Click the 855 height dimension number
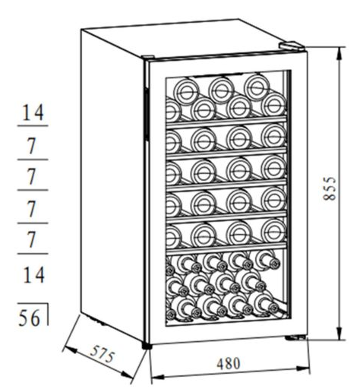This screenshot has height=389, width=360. [x=330, y=188]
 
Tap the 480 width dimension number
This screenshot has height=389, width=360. [x=228, y=363]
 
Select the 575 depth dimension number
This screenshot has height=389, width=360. [x=103, y=354]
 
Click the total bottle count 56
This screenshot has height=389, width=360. [x=30, y=318]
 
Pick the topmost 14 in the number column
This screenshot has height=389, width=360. [x=33, y=112]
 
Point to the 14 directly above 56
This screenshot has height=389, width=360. [x=33, y=275]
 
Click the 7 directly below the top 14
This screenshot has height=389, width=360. [x=31, y=147]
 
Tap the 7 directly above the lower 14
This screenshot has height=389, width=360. [x=31, y=240]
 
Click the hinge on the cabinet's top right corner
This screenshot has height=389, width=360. [x=292, y=46]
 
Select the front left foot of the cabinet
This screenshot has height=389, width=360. [x=147, y=346]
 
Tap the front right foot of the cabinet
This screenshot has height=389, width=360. [x=295, y=337]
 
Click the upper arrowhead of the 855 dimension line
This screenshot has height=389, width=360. [x=339, y=53]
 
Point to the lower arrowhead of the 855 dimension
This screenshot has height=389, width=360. [x=339, y=333]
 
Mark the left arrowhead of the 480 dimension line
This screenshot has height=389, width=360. [x=157, y=377]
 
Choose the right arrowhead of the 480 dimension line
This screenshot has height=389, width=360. [x=302, y=368]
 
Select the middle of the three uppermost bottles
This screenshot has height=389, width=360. [x=222, y=90]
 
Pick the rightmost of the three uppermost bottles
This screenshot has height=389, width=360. [x=257, y=87]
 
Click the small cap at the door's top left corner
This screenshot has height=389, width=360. [x=147, y=58]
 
